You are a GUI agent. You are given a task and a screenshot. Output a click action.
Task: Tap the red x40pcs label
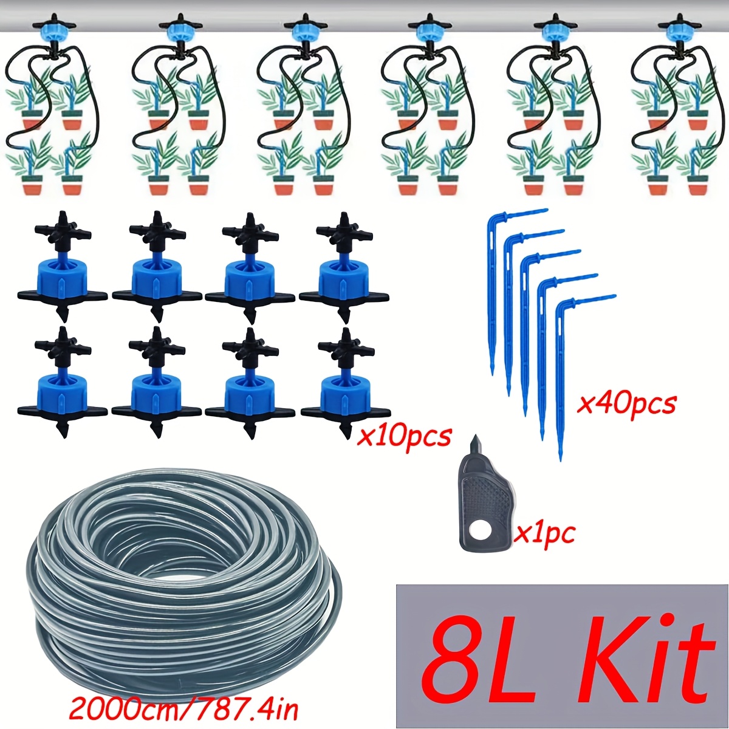click(625, 405)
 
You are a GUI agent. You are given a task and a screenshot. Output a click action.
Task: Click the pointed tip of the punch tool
click(475, 436)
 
